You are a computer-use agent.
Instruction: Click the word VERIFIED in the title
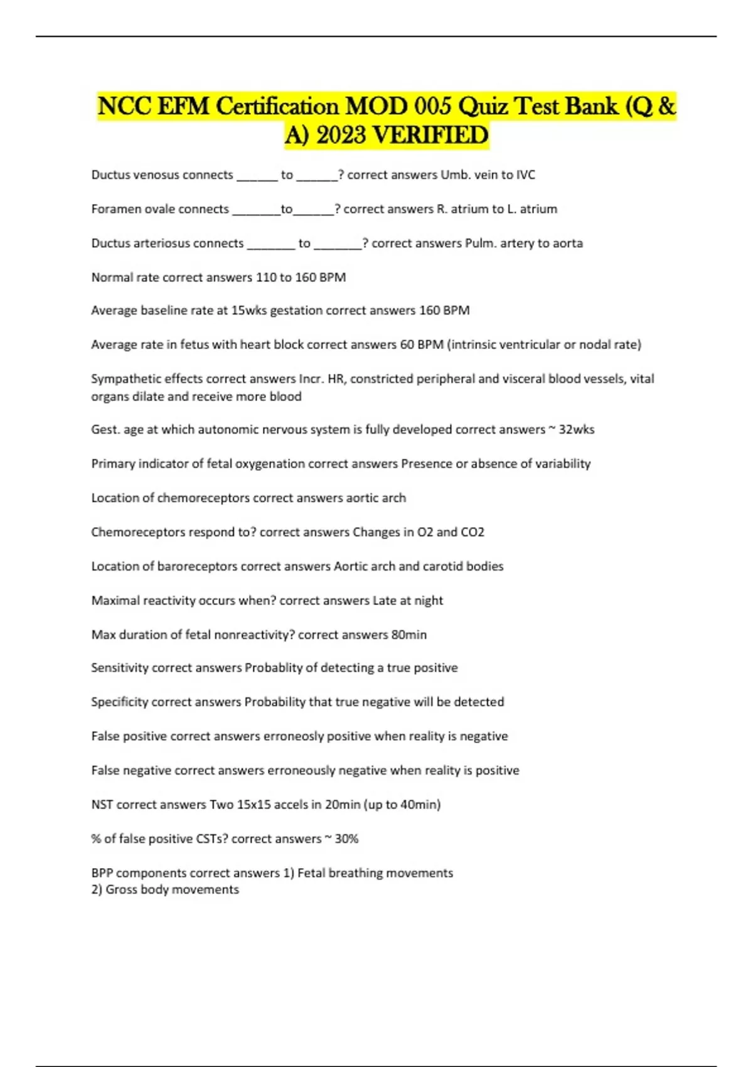tap(430, 135)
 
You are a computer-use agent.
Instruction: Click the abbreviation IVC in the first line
tap(525, 175)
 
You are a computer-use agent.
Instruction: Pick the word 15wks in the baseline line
tap(249, 311)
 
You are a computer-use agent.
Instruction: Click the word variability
tap(562, 464)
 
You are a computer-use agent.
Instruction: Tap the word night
tap(428, 601)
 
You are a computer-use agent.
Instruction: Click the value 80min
tap(409, 635)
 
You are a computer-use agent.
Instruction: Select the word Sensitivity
tap(119, 668)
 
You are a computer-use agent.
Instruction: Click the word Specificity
tap(119, 702)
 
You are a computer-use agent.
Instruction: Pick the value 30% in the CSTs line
tap(346, 839)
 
